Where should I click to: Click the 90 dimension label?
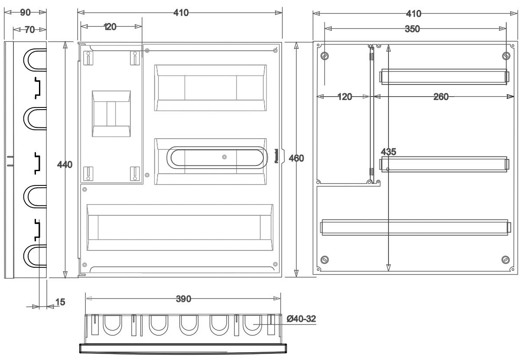pyautogui.click(x=26, y=12)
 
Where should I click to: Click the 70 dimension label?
pyautogui.click(x=30, y=29)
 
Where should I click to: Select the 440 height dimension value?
pyautogui.click(x=65, y=165)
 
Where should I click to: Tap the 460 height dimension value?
pyautogui.click(x=296, y=158)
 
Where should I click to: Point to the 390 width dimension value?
pyautogui.click(x=184, y=299)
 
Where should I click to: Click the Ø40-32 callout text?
pyautogui.click(x=301, y=318)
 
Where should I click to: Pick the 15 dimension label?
pyautogui.click(x=60, y=302)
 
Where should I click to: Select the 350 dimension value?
pyautogui.click(x=412, y=29)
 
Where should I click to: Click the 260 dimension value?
pyautogui.click(x=441, y=97)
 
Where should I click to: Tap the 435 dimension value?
pyautogui.click(x=388, y=152)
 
